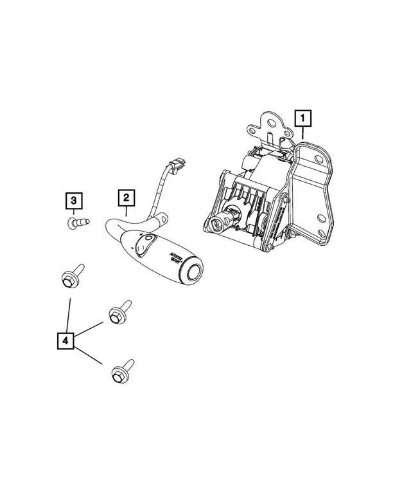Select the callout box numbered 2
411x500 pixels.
pyautogui.click(x=126, y=198)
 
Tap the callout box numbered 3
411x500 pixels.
pyautogui.click(x=74, y=201)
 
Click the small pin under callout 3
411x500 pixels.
pyautogui.click(x=78, y=223)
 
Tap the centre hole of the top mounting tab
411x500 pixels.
pyautogui.click(x=268, y=125)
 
